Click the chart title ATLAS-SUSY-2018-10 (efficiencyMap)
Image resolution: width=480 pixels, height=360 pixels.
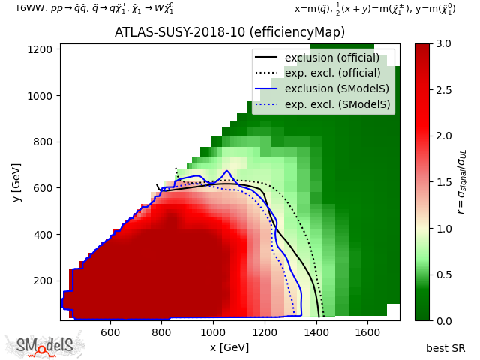coord(229,32)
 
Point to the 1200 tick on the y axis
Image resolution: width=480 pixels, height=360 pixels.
coord(44,49)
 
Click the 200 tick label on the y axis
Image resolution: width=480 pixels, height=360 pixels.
coord(46,280)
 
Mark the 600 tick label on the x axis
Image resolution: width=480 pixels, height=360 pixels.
coord(110,331)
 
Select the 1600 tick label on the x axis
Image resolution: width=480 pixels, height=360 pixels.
coord(367,331)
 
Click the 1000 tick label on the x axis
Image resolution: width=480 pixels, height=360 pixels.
coord(213,331)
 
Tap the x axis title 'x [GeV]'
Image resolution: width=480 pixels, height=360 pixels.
coord(229,347)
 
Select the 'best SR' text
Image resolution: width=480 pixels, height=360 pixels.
coord(445,348)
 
